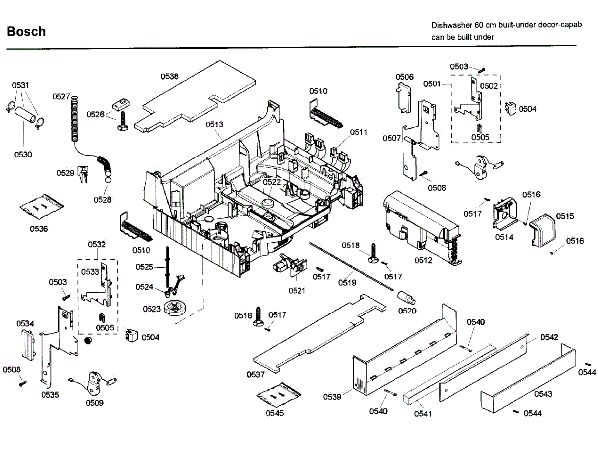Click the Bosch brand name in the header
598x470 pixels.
[26, 31]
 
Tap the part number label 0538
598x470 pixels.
[169, 76]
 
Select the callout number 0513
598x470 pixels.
[214, 125]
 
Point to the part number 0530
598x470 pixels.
[23, 155]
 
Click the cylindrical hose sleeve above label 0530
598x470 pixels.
[25, 114]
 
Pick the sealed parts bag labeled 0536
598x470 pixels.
[42, 207]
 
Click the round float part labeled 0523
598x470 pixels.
[175, 308]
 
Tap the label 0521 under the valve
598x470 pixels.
[297, 290]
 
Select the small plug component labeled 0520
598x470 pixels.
[406, 298]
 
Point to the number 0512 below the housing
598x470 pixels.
[423, 260]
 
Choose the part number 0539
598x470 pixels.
[332, 397]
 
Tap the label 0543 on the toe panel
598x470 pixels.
[543, 394]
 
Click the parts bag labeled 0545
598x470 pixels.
[279, 395]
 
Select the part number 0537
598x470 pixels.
[255, 374]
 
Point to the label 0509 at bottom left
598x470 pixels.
[95, 403]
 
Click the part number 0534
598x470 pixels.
[25, 324]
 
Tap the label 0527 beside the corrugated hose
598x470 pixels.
[61, 96]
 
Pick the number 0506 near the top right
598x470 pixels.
[405, 77]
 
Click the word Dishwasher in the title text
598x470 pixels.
[451, 25]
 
